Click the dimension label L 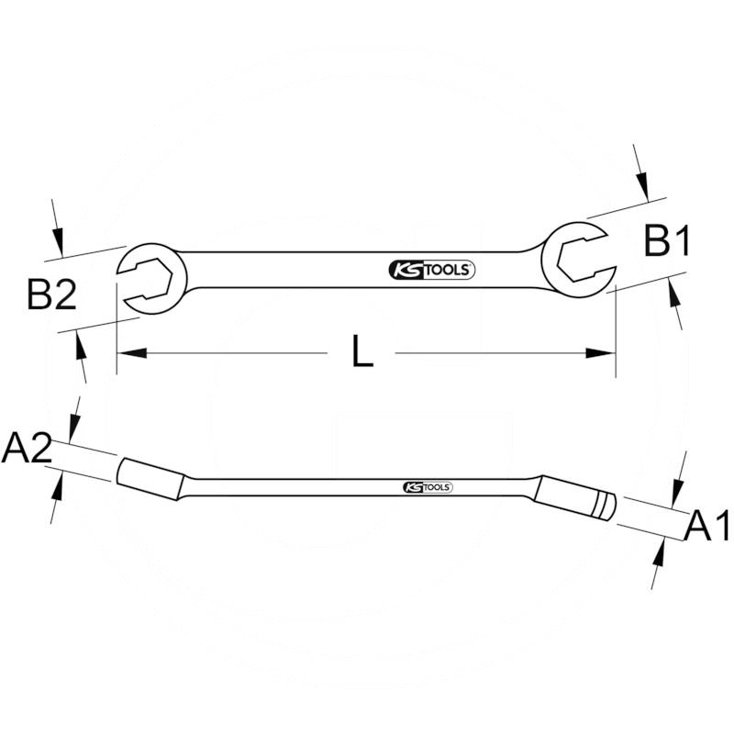363,352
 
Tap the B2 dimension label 50,296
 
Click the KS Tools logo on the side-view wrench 428,488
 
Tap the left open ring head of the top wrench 150,272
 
